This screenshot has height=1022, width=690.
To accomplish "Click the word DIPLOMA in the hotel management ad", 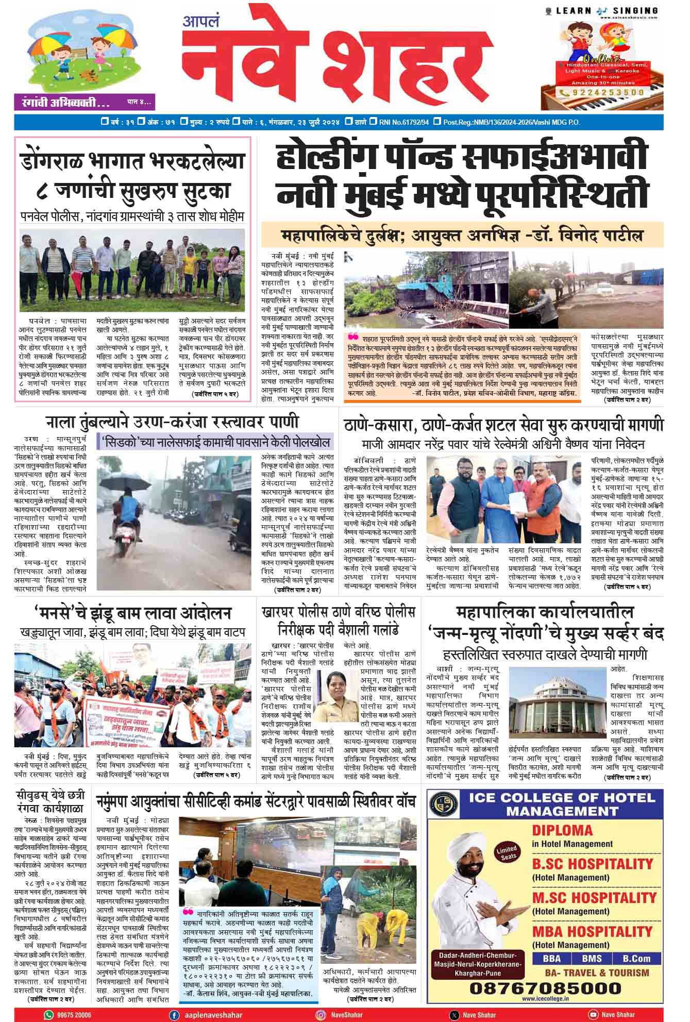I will point(563,830).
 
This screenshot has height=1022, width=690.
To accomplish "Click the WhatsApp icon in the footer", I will point(49,1014).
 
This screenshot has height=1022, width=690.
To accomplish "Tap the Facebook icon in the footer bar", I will point(174,1014).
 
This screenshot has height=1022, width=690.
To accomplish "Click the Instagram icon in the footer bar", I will point(321,1014).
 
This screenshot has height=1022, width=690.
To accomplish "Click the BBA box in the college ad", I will point(551,958).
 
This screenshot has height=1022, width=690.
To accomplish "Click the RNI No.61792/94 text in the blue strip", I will point(403,122).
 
